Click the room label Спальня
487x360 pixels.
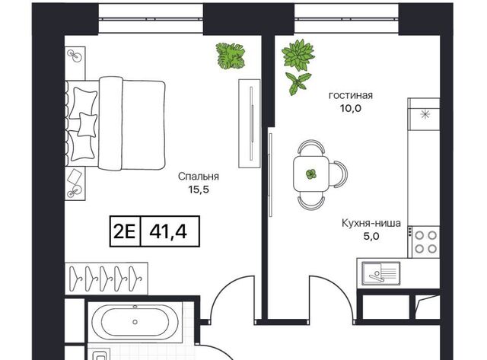[199, 177]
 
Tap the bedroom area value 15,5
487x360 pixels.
[199, 190]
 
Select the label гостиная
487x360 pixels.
[351, 95]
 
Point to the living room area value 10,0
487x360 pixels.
[351, 109]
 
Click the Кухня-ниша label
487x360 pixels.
[371, 223]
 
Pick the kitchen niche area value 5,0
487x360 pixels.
[371, 237]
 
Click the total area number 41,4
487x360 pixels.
[168, 231]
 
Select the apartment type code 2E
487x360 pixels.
[125, 231]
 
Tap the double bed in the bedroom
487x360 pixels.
[115, 123]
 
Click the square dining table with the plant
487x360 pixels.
[311, 174]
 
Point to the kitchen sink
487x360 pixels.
[381, 273]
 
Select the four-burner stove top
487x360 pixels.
[425, 242]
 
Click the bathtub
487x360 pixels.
[135, 322]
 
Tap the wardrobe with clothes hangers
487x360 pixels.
[107, 279]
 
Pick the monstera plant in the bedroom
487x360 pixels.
[230, 56]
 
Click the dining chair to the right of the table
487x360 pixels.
[339, 174]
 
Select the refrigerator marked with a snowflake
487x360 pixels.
[424, 114]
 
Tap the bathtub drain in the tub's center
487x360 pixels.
[135, 322]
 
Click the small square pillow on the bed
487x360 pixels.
[87, 125]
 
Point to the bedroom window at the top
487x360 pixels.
[151, 18]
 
